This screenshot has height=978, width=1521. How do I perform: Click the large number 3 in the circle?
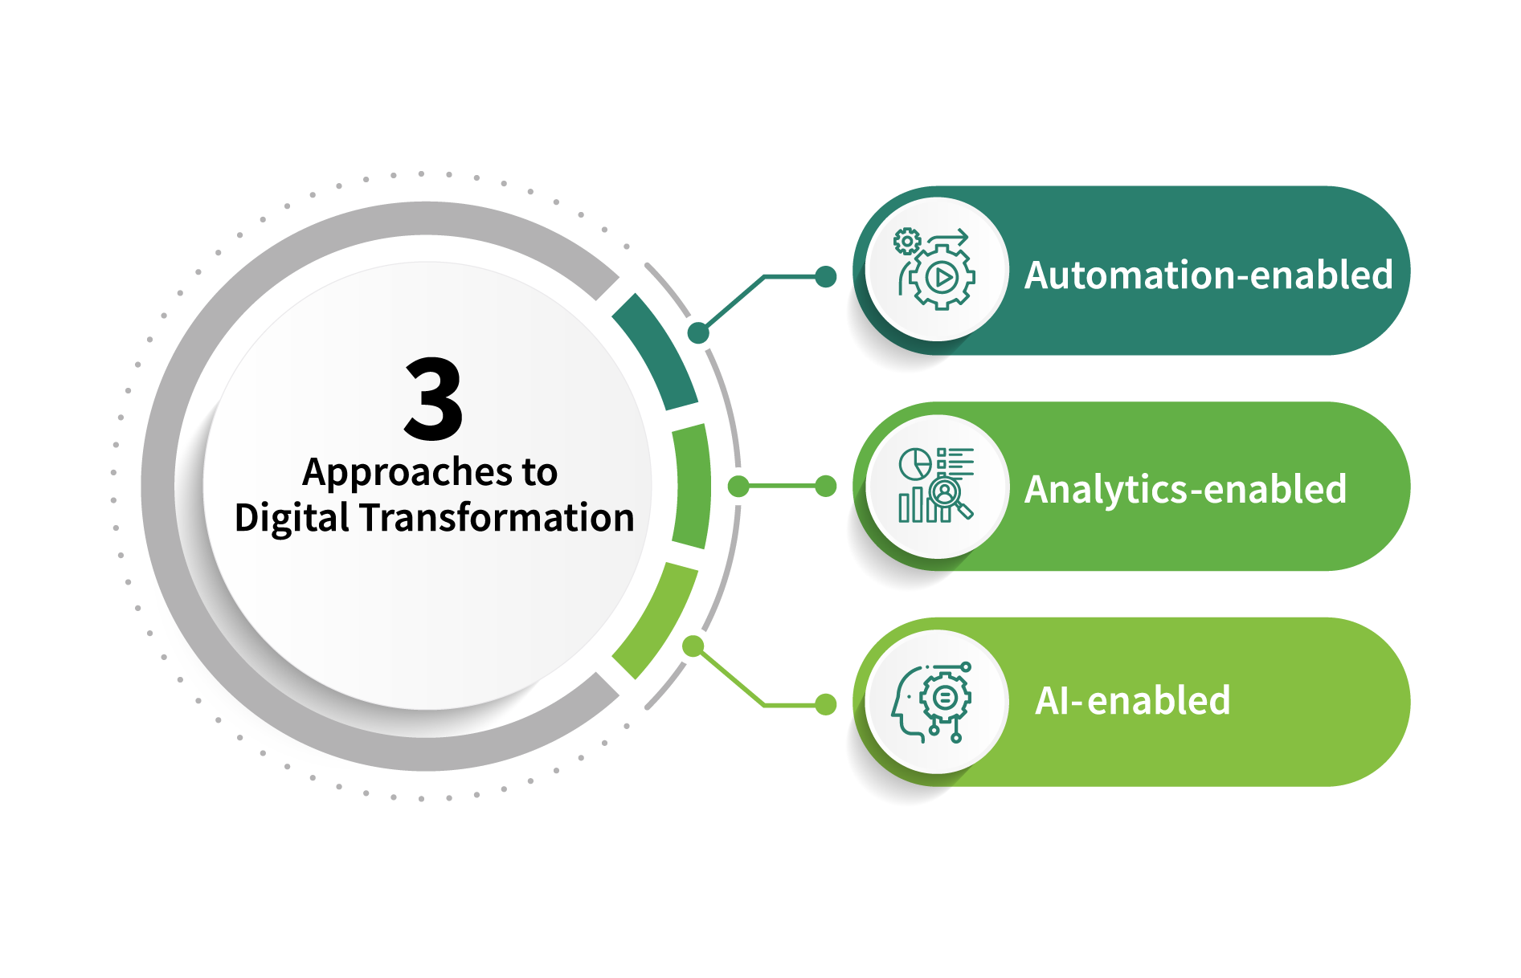(x=433, y=399)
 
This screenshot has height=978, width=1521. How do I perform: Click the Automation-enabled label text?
(x=1208, y=275)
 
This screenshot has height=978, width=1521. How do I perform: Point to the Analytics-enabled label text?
(x=1185, y=490)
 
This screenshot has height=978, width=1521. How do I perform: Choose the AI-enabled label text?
(x=1132, y=701)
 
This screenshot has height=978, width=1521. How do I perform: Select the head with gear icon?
(x=932, y=703)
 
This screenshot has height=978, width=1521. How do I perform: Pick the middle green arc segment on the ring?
(x=692, y=486)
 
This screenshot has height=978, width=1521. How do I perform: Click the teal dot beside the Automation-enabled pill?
(x=825, y=277)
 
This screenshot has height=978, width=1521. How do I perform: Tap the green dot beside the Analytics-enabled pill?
(x=825, y=486)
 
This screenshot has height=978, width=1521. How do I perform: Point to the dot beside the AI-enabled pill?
(x=825, y=704)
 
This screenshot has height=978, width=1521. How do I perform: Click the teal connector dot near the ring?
(x=698, y=332)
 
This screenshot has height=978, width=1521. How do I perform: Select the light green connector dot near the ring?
(x=693, y=646)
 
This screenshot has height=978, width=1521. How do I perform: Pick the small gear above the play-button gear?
(x=907, y=241)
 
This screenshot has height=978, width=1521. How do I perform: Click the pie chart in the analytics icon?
(x=914, y=463)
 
